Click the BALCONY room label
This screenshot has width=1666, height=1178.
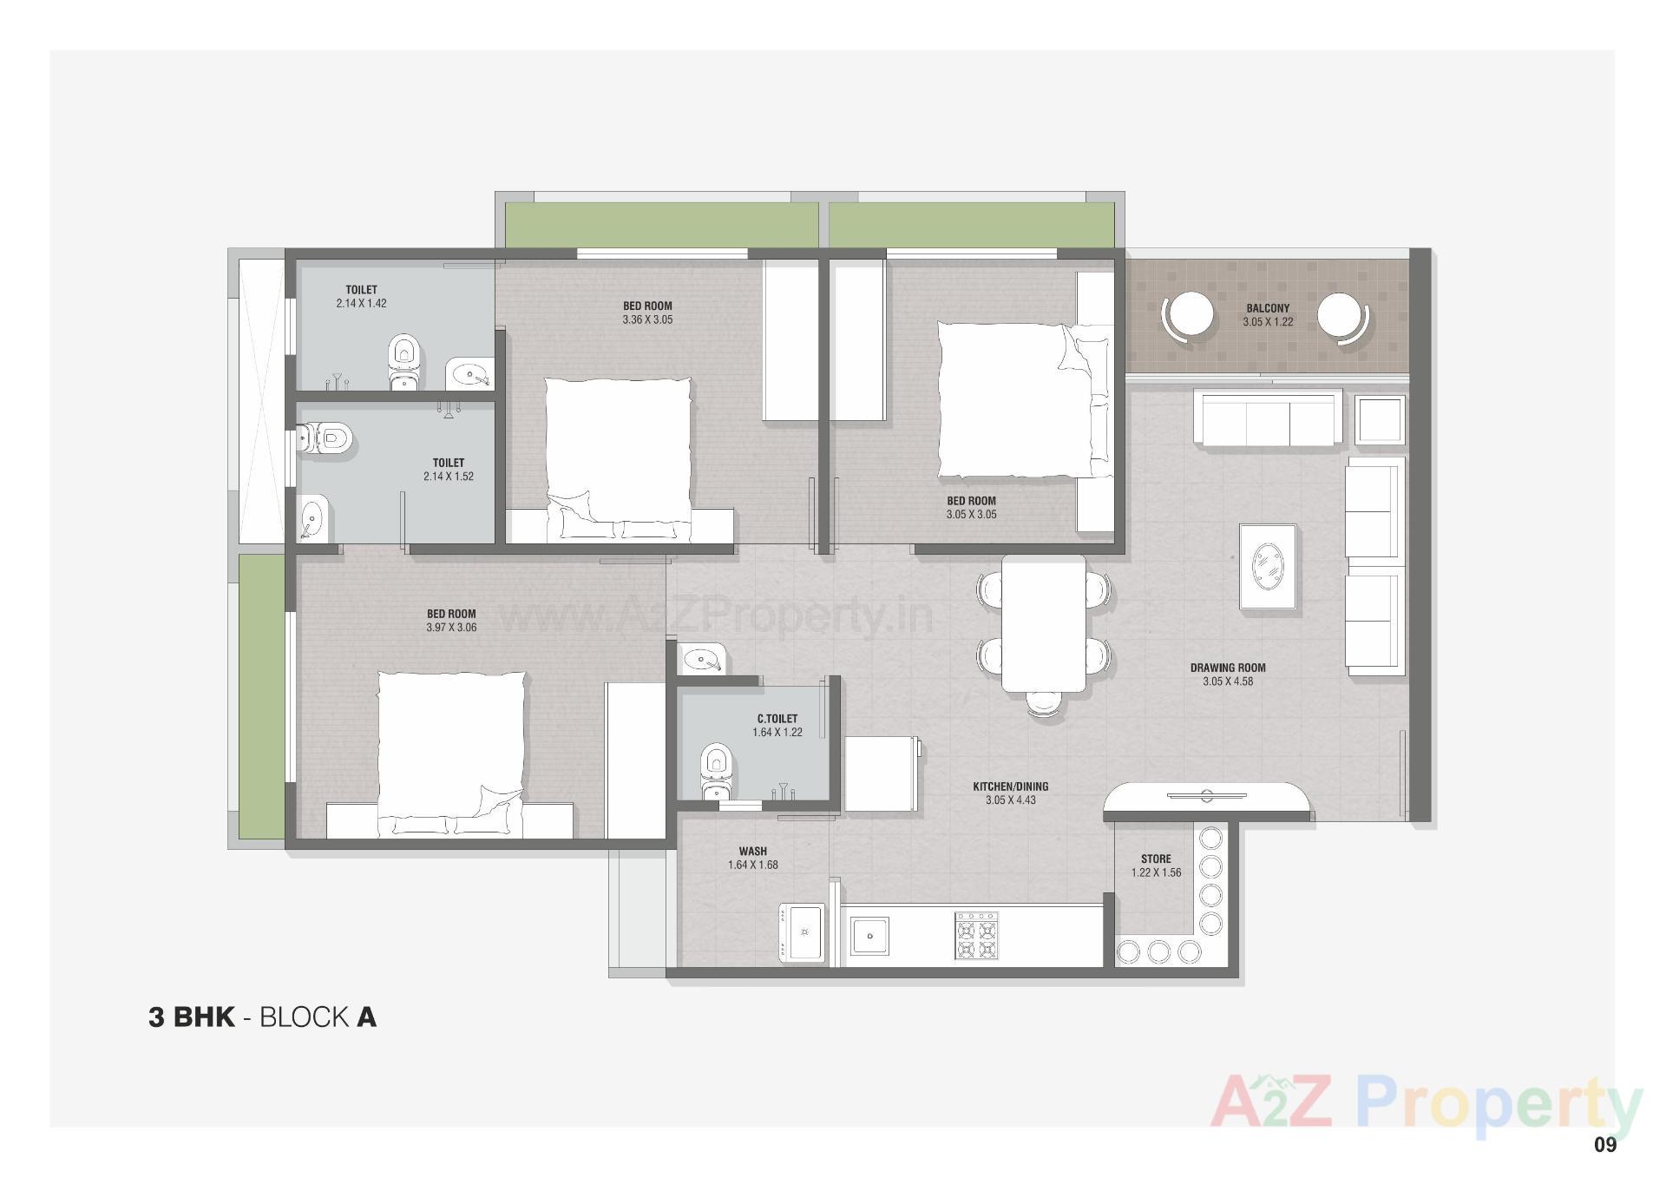[x=1268, y=308]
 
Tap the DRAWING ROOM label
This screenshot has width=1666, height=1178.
[x=1227, y=668]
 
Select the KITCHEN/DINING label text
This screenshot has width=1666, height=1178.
[x=1010, y=787]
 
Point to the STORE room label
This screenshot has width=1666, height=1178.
[x=1156, y=859]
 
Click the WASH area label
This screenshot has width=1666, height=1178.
[x=752, y=852]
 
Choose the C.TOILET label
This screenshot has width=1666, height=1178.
[x=777, y=719]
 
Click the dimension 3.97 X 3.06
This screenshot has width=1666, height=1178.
[x=451, y=628]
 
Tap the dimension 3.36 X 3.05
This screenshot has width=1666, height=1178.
[x=647, y=319]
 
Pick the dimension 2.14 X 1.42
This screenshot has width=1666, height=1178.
[x=361, y=304]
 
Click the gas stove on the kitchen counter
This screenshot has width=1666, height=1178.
[x=977, y=935]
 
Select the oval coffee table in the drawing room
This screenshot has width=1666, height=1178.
[x=1268, y=567]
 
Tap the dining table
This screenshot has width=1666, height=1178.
[x=1043, y=623]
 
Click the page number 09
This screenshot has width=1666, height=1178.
[x=1604, y=1145]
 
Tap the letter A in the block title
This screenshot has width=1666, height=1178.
[x=366, y=1017]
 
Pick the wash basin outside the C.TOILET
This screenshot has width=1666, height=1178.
[x=701, y=660]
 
